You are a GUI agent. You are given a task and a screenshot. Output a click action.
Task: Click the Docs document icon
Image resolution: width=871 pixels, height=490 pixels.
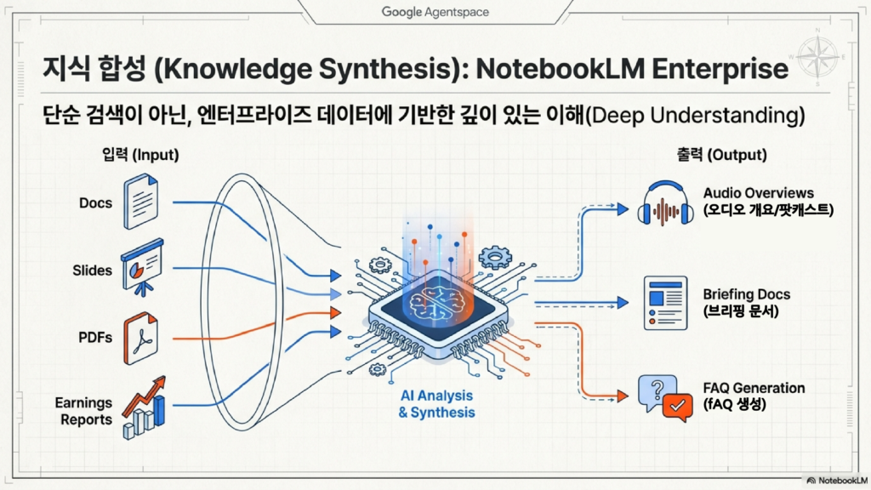pos(140,201)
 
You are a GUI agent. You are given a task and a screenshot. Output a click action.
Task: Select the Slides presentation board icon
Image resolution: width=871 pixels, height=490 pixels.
pos(142,267)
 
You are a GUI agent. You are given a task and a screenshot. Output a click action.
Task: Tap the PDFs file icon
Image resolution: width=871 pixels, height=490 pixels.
pos(140,338)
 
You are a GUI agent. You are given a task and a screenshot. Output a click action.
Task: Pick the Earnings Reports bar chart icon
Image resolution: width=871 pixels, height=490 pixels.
pos(144,407)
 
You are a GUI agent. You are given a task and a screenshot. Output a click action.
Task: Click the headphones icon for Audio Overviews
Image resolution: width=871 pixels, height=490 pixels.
pos(665,203)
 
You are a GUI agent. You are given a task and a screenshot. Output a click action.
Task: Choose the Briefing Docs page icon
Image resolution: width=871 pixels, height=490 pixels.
pos(665,303)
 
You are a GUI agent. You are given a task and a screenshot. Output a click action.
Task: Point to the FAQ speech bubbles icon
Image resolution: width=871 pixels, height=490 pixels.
pos(665,398)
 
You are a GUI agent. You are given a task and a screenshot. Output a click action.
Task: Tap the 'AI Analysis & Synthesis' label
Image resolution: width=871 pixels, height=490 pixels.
pos(437,404)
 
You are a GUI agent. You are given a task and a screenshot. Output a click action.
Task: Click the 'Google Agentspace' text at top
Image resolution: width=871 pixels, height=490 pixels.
pos(435,12)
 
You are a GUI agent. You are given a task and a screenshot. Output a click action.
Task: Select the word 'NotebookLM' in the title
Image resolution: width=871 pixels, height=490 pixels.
pos(560,69)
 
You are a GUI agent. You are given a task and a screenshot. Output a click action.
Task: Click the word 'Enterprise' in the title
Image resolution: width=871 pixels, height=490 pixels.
pos(720,69)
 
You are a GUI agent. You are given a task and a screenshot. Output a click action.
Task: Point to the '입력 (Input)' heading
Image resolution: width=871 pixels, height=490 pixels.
pos(140,154)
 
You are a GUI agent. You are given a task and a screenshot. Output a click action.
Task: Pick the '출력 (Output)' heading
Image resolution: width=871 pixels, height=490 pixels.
pos(721,154)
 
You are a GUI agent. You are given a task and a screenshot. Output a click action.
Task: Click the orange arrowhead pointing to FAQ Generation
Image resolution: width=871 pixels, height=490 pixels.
pos(623,396)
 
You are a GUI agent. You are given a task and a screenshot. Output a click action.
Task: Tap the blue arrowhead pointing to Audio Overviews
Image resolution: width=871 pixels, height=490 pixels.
pos(623,209)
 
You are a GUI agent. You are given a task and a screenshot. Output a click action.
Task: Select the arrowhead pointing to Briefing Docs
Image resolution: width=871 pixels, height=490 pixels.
pos(623,303)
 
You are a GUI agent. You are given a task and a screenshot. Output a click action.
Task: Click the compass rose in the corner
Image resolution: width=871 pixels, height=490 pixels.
pos(817,56)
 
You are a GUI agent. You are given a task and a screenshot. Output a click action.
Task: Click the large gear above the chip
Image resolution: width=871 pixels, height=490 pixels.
pos(494,257)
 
